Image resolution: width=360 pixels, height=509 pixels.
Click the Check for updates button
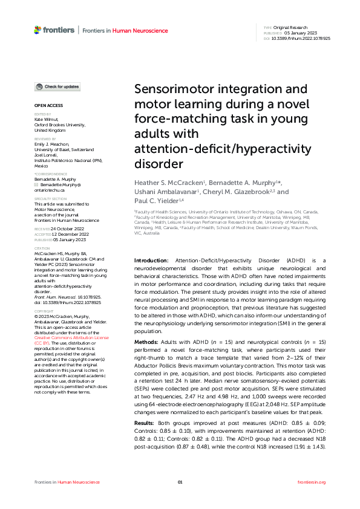pos(57,87)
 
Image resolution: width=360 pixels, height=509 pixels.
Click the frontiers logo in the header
pos(54,30)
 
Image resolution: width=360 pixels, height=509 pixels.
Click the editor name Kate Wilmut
pos(48,120)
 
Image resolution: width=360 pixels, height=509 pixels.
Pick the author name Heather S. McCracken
pos(169,183)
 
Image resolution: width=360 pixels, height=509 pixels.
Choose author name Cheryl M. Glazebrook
pos(238,192)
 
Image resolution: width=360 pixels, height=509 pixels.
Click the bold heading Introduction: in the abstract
pos(151,276)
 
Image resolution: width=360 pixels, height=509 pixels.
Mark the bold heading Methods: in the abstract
pos(146,343)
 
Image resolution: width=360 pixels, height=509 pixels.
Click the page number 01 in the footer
pos(180,482)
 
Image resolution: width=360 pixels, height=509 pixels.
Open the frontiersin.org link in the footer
pos(312,482)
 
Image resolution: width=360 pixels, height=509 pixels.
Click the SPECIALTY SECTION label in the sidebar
pos(50,198)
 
